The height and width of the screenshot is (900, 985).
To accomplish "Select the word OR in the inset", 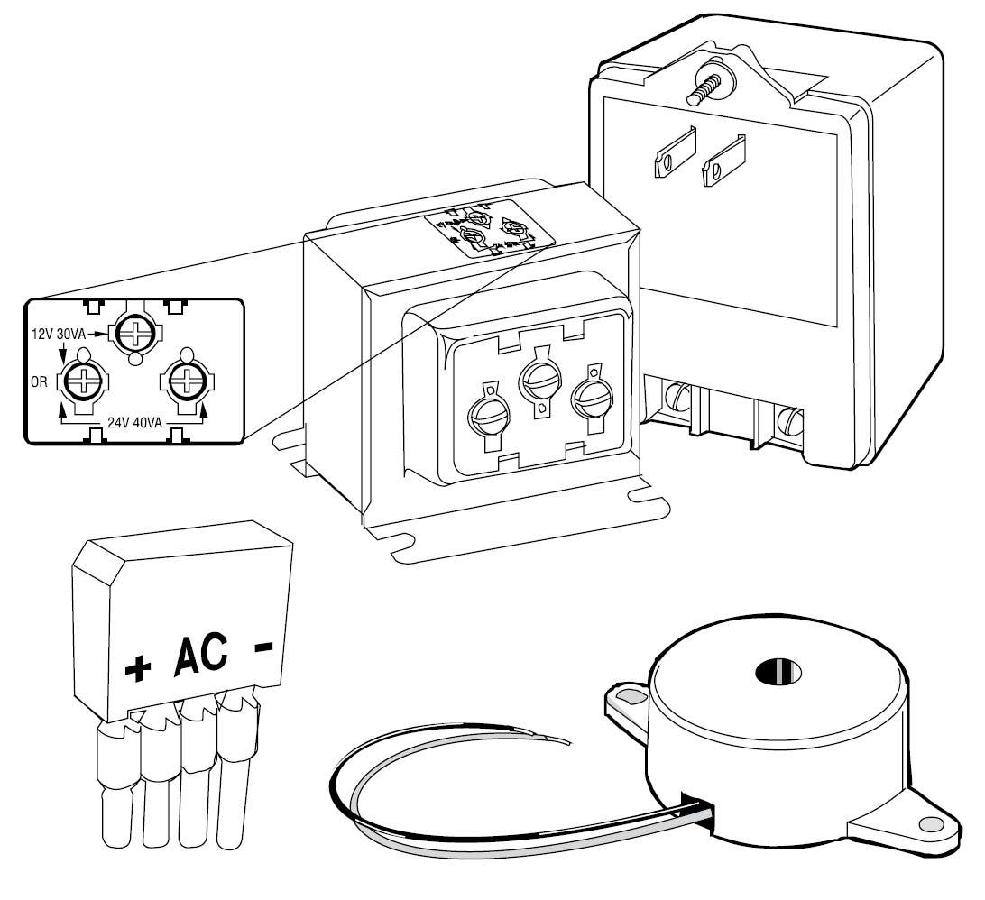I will click(41, 380).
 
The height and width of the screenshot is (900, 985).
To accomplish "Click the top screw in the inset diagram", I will click(134, 334).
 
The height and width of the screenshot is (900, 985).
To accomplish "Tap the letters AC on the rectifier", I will click(199, 657).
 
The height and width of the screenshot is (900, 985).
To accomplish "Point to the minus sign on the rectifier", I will click(262, 648).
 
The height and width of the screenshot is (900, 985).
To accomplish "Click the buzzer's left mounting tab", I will click(626, 699).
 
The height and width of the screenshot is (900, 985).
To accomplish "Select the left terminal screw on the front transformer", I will click(487, 416).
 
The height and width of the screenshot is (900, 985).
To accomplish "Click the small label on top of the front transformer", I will click(488, 229).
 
